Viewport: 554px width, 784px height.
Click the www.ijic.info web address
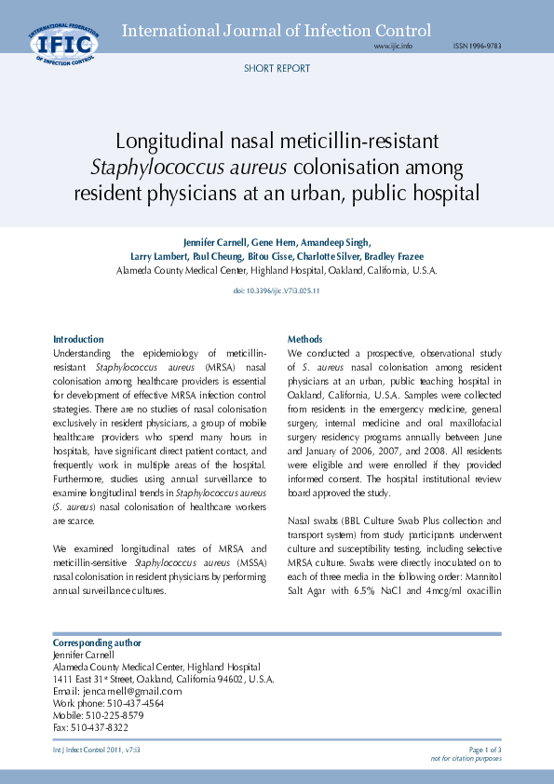click(x=393, y=46)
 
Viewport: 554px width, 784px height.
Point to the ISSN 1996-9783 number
click(x=477, y=46)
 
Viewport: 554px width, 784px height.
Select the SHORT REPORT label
click(x=277, y=69)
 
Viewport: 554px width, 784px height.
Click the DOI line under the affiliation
click(x=277, y=291)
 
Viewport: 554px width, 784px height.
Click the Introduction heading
click(x=78, y=339)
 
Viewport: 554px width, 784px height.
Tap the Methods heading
click(x=305, y=339)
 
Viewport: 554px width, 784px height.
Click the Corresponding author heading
click(x=97, y=642)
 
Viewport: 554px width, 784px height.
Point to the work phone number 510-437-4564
click(x=132, y=704)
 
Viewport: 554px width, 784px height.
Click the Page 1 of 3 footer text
click(x=485, y=749)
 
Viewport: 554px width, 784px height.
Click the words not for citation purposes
click(x=466, y=758)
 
